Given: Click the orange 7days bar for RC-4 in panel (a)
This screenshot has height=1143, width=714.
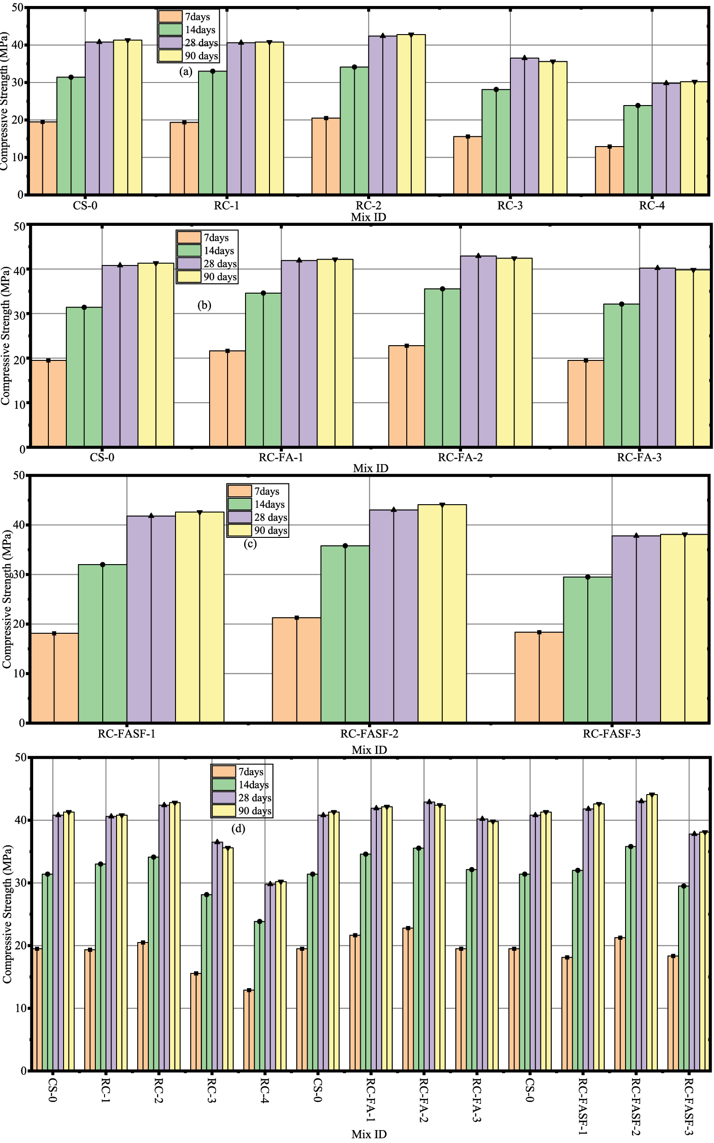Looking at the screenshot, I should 609,171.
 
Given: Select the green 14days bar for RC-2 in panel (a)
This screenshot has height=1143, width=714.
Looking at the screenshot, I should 354,130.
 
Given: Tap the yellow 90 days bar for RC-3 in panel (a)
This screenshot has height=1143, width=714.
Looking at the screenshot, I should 553,128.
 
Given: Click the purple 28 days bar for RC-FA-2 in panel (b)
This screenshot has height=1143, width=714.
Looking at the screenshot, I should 478,351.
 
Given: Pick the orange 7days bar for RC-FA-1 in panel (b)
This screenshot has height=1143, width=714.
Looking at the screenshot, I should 227,398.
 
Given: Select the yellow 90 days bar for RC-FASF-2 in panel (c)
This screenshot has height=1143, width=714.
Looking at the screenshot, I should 442,613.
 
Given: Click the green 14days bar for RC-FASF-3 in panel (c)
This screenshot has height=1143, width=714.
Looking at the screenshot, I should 587,649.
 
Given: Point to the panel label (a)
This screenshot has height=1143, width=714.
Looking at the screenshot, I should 186,72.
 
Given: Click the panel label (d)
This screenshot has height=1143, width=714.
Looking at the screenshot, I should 238,828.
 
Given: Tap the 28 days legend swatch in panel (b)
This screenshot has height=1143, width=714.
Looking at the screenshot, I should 189,263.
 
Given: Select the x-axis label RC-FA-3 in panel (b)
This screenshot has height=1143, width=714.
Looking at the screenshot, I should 639,457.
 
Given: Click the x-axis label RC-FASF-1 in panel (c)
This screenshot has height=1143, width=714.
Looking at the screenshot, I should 127,734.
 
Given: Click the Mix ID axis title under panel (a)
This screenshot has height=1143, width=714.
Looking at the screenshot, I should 369,217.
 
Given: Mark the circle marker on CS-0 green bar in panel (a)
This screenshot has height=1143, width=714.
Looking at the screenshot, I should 71,77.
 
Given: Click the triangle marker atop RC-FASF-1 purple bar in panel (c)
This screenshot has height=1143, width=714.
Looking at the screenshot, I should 151,515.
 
